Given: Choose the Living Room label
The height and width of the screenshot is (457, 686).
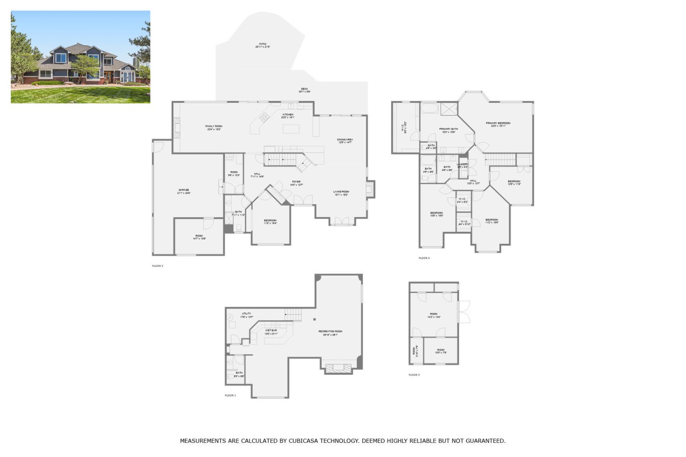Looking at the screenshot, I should [x=341, y=193].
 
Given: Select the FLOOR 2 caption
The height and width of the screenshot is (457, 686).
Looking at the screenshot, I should [x=157, y=266].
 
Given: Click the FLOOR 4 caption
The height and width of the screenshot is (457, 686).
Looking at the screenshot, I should [x=424, y=258].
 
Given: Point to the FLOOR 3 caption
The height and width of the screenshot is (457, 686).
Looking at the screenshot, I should [x=414, y=375].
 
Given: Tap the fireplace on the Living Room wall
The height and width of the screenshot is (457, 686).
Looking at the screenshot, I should [x=370, y=189].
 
